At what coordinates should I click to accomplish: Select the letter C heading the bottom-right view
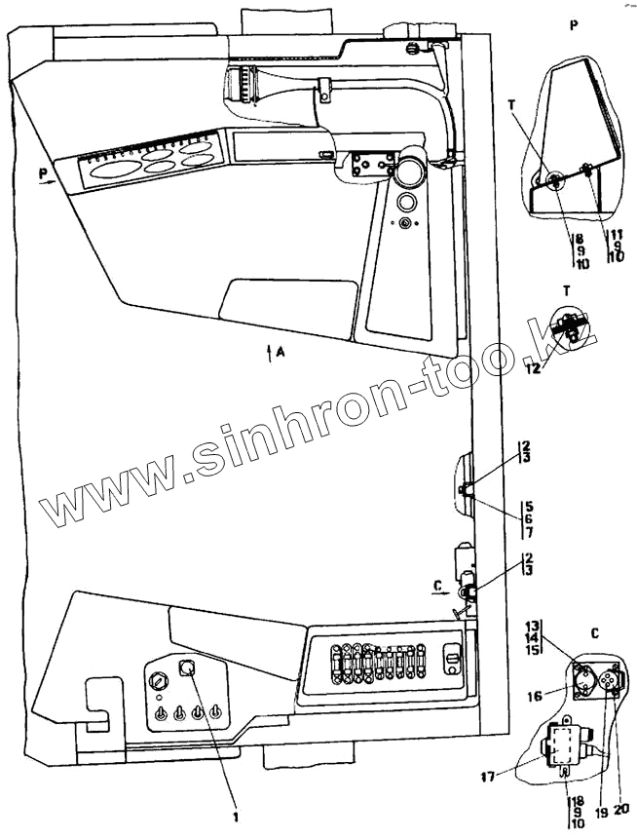point(595,632)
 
